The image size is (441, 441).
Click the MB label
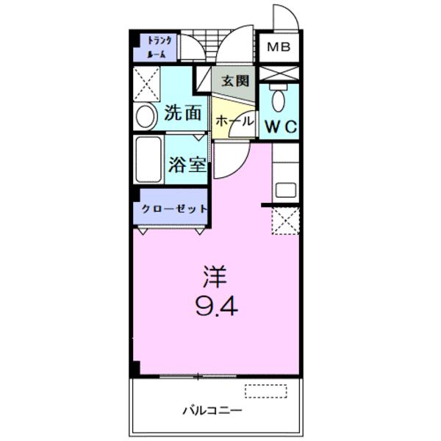click(x=279, y=47)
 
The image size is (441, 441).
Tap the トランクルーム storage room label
click(x=159, y=47)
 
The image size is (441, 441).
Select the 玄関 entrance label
click(x=235, y=81)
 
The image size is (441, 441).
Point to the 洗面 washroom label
click(x=182, y=112)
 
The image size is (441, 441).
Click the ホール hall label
click(x=234, y=121)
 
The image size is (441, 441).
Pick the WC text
click(x=282, y=126)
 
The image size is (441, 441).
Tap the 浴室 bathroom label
click(x=187, y=165)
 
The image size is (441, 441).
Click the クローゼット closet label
click(x=174, y=209)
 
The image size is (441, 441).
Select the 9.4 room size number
click(x=217, y=306)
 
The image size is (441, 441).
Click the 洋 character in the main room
click(x=215, y=276)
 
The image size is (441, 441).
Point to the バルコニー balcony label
click(x=212, y=411)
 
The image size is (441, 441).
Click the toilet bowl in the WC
click(x=279, y=98)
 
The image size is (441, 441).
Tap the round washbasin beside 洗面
click(x=146, y=116)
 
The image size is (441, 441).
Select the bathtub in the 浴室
click(x=148, y=159)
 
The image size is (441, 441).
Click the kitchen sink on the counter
click(x=286, y=190)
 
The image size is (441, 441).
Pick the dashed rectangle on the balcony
click(x=266, y=391)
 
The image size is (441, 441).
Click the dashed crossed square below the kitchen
click(x=285, y=220)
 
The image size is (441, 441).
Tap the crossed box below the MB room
click(x=279, y=73)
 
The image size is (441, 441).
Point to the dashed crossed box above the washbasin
click(x=146, y=84)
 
